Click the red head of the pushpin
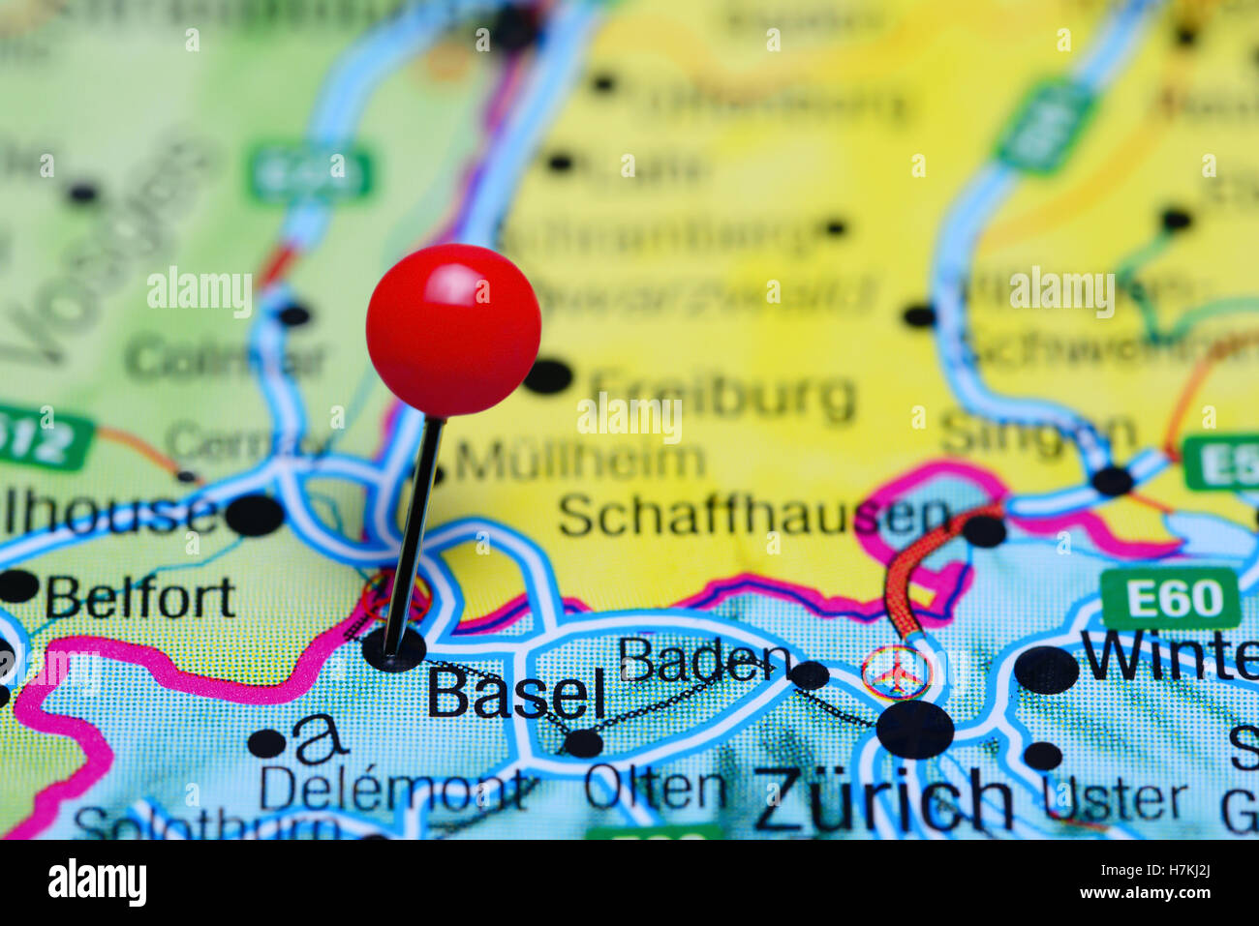453,330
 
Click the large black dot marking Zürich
914,730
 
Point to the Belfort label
140,597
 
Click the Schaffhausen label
753,515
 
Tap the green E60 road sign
1170,599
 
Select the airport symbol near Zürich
896,672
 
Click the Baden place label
705,661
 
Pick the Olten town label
656,789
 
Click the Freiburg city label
722,396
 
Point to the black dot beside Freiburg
548,376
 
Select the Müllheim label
580,462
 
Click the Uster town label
1115,799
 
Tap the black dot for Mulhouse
255,515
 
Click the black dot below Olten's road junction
583,743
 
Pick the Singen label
1038,433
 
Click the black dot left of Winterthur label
1046,670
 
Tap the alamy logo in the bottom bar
97,882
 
